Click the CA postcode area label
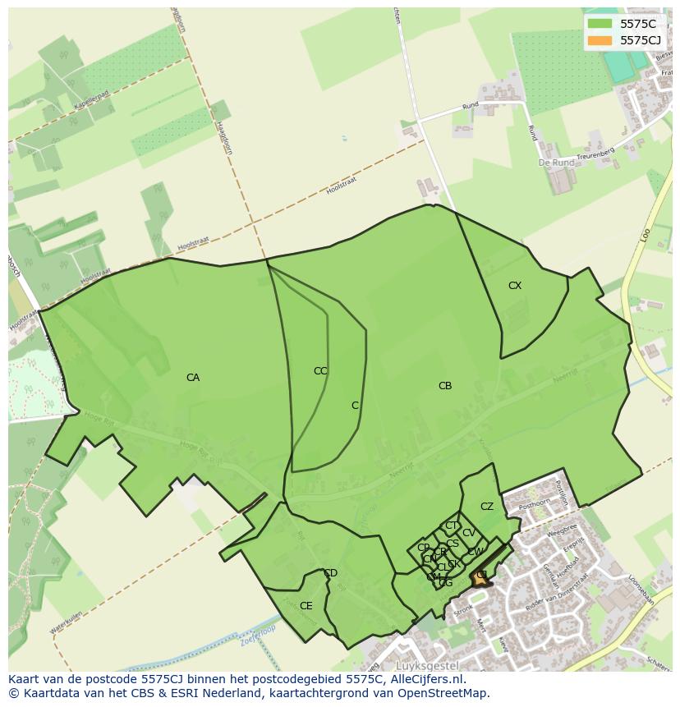(x=193, y=378)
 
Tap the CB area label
(x=445, y=386)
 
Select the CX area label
(x=515, y=286)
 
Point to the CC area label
(x=320, y=371)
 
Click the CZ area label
(x=487, y=507)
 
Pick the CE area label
(x=306, y=606)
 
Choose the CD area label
(x=330, y=573)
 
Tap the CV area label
(x=469, y=533)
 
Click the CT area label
(x=451, y=526)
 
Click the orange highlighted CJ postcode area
(x=480, y=579)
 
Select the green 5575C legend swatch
(x=600, y=24)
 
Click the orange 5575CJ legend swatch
(x=600, y=40)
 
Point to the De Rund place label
(x=556, y=163)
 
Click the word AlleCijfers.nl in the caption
(x=424, y=679)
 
